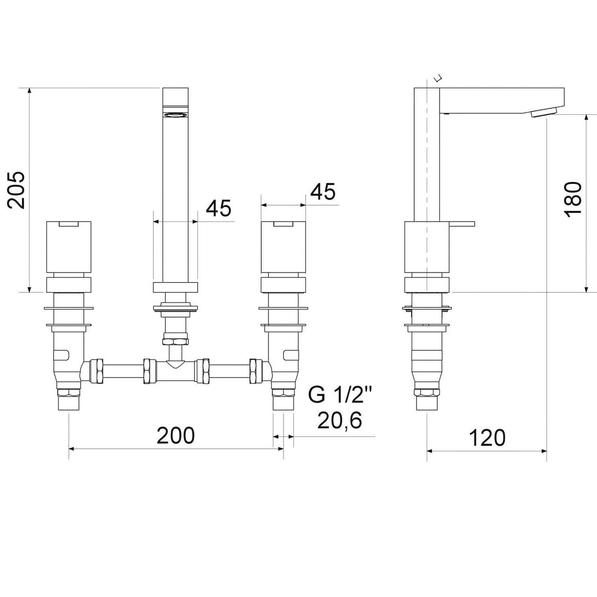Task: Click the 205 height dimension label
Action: coord(16,190)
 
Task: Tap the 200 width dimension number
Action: coord(176,435)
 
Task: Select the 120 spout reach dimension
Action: coord(487,437)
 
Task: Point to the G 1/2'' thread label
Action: coord(340,395)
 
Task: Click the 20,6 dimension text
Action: coord(340,421)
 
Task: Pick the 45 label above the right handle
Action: coord(323,192)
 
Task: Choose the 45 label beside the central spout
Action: coord(218,208)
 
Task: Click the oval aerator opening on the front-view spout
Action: coord(176,115)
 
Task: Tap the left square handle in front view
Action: coord(69,247)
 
